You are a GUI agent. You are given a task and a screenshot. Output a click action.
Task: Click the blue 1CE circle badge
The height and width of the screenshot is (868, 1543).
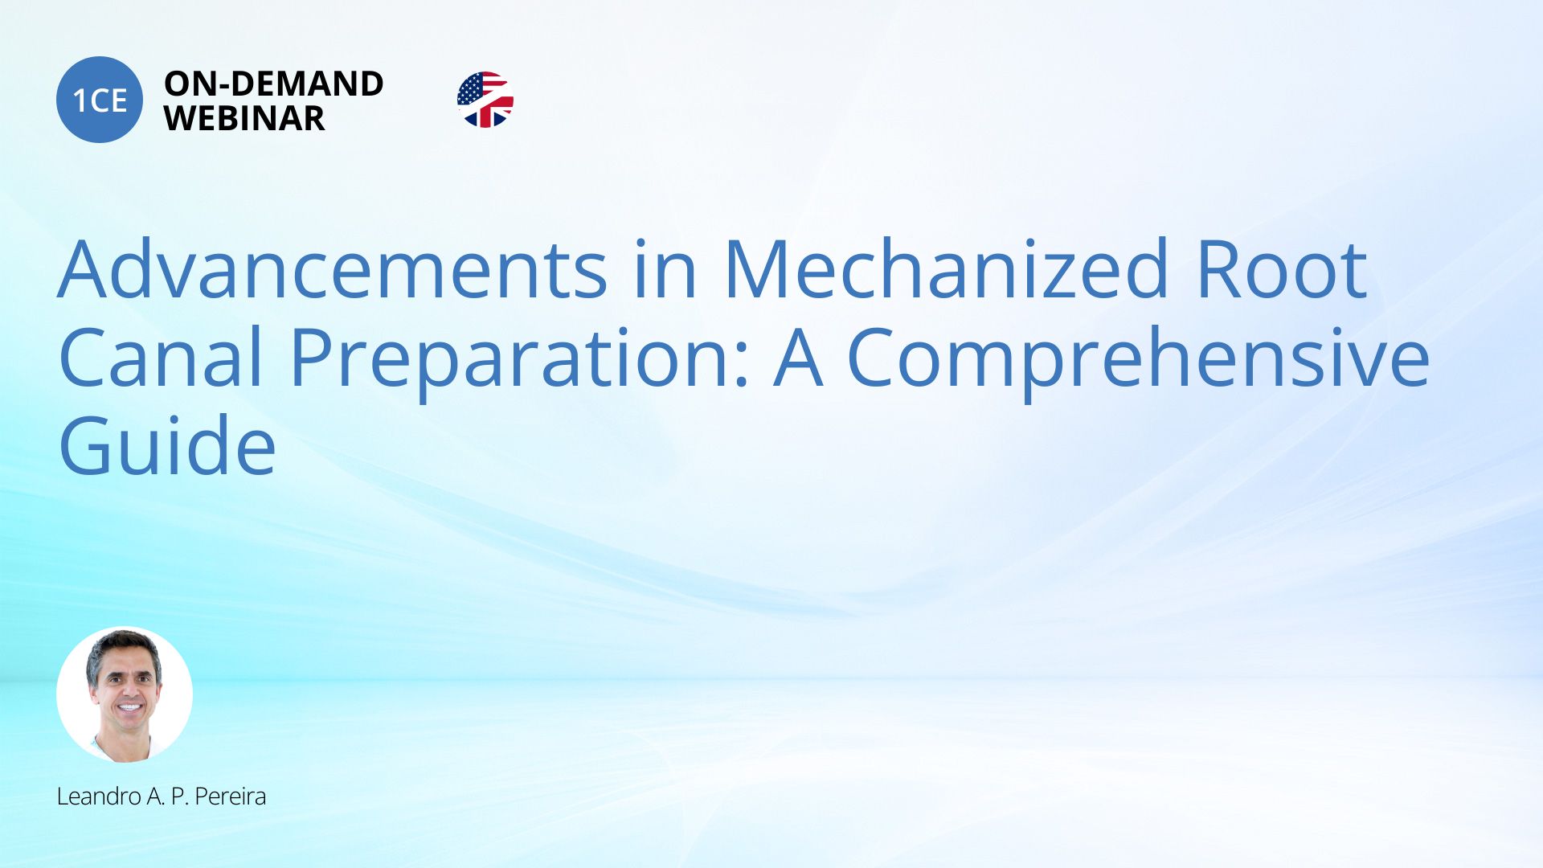coord(100,100)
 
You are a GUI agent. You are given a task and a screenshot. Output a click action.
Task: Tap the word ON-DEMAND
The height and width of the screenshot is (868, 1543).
coord(274,84)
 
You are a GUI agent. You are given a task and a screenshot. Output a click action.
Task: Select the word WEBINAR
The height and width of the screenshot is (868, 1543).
coord(244,118)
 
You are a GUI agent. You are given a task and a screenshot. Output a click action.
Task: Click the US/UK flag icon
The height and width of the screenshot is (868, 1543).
coord(485,100)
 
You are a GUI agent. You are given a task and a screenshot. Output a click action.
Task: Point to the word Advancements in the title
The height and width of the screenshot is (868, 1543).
coord(333,269)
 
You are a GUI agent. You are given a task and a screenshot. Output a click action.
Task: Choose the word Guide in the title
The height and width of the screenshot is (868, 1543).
coord(167,446)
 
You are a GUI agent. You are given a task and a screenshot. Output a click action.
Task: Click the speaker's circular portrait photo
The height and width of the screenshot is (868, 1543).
coord(125,694)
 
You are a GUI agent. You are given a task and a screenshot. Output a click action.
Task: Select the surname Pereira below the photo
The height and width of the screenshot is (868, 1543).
coord(231,796)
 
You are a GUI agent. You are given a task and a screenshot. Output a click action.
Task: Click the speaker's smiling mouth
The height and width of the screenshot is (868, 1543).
coord(129,709)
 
